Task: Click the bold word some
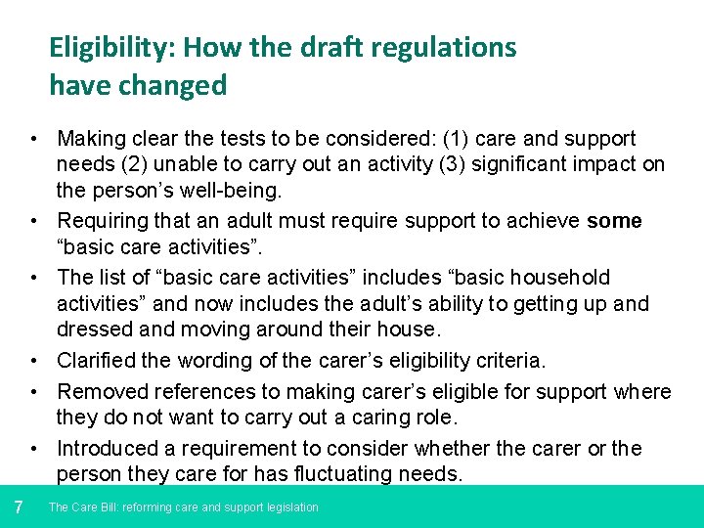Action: pos(614,221)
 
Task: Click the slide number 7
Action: pos(19,506)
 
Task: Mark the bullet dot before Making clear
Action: pos(33,140)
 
